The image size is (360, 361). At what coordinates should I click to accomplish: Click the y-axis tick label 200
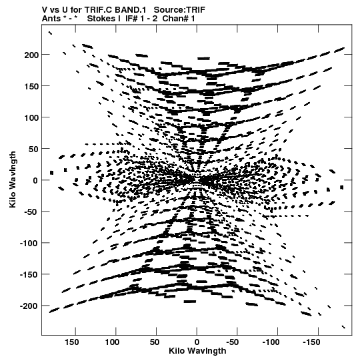click(x=31, y=55)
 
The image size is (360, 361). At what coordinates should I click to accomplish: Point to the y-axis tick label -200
click(x=29, y=306)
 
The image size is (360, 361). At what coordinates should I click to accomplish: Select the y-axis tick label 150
click(x=31, y=87)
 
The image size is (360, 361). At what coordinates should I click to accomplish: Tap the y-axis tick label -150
click(x=29, y=275)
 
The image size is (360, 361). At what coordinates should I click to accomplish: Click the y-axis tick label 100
click(x=31, y=118)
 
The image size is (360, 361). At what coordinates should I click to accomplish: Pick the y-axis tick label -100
click(x=29, y=244)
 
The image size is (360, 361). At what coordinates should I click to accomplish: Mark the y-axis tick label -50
click(x=31, y=212)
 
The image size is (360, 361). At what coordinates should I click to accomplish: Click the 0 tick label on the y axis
click(x=35, y=181)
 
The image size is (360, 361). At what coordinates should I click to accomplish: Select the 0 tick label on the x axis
click(x=197, y=342)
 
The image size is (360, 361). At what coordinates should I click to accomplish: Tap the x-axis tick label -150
click(x=311, y=342)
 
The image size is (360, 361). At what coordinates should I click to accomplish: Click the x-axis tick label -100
click(x=271, y=342)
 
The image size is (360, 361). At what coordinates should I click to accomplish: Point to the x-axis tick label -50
click(x=233, y=342)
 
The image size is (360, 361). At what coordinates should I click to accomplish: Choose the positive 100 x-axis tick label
click(x=112, y=342)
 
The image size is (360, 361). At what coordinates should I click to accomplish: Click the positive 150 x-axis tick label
click(x=71, y=342)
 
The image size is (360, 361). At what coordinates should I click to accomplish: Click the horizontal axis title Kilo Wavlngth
click(x=197, y=351)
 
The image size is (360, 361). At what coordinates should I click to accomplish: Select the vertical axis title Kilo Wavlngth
click(x=13, y=179)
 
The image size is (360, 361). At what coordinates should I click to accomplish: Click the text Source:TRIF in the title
click(x=179, y=10)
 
